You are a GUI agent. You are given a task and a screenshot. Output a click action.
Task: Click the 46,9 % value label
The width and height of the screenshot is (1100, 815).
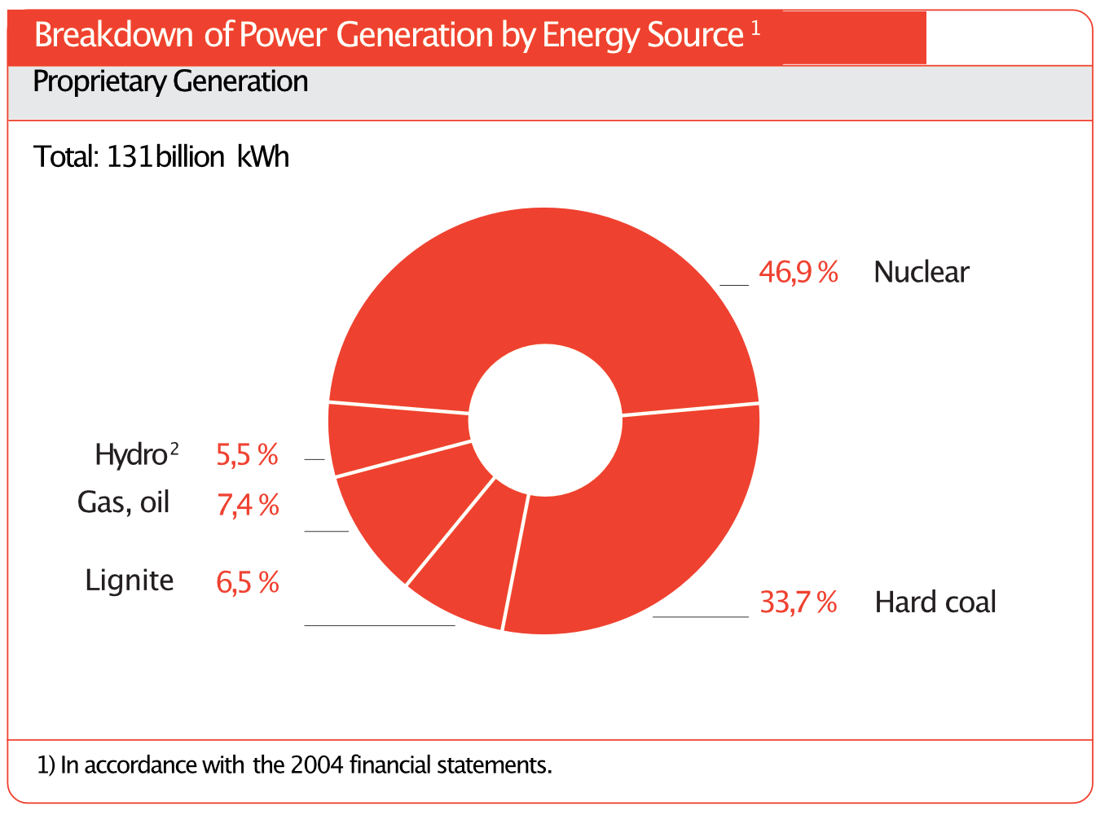pos(798,272)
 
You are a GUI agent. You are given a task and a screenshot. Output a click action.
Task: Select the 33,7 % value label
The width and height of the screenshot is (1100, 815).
pos(798,602)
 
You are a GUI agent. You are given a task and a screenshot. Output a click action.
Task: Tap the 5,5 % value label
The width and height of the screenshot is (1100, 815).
pos(247,455)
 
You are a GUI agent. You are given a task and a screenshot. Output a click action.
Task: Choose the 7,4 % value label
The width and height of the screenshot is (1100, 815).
pos(248,506)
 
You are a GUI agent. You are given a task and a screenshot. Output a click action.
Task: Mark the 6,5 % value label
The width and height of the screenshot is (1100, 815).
pos(248,582)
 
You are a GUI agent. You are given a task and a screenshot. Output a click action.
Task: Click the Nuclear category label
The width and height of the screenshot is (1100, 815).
pos(921,272)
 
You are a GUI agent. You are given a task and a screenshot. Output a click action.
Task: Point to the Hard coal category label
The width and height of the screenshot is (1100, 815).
pos(935,602)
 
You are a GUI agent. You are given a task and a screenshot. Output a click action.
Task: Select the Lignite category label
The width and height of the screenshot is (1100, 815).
pos(130,581)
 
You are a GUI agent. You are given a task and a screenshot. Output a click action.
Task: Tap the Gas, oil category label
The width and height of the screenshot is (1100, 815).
pos(123,502)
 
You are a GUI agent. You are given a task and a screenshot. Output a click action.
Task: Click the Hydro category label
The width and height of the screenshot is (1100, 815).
pos(131,454)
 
